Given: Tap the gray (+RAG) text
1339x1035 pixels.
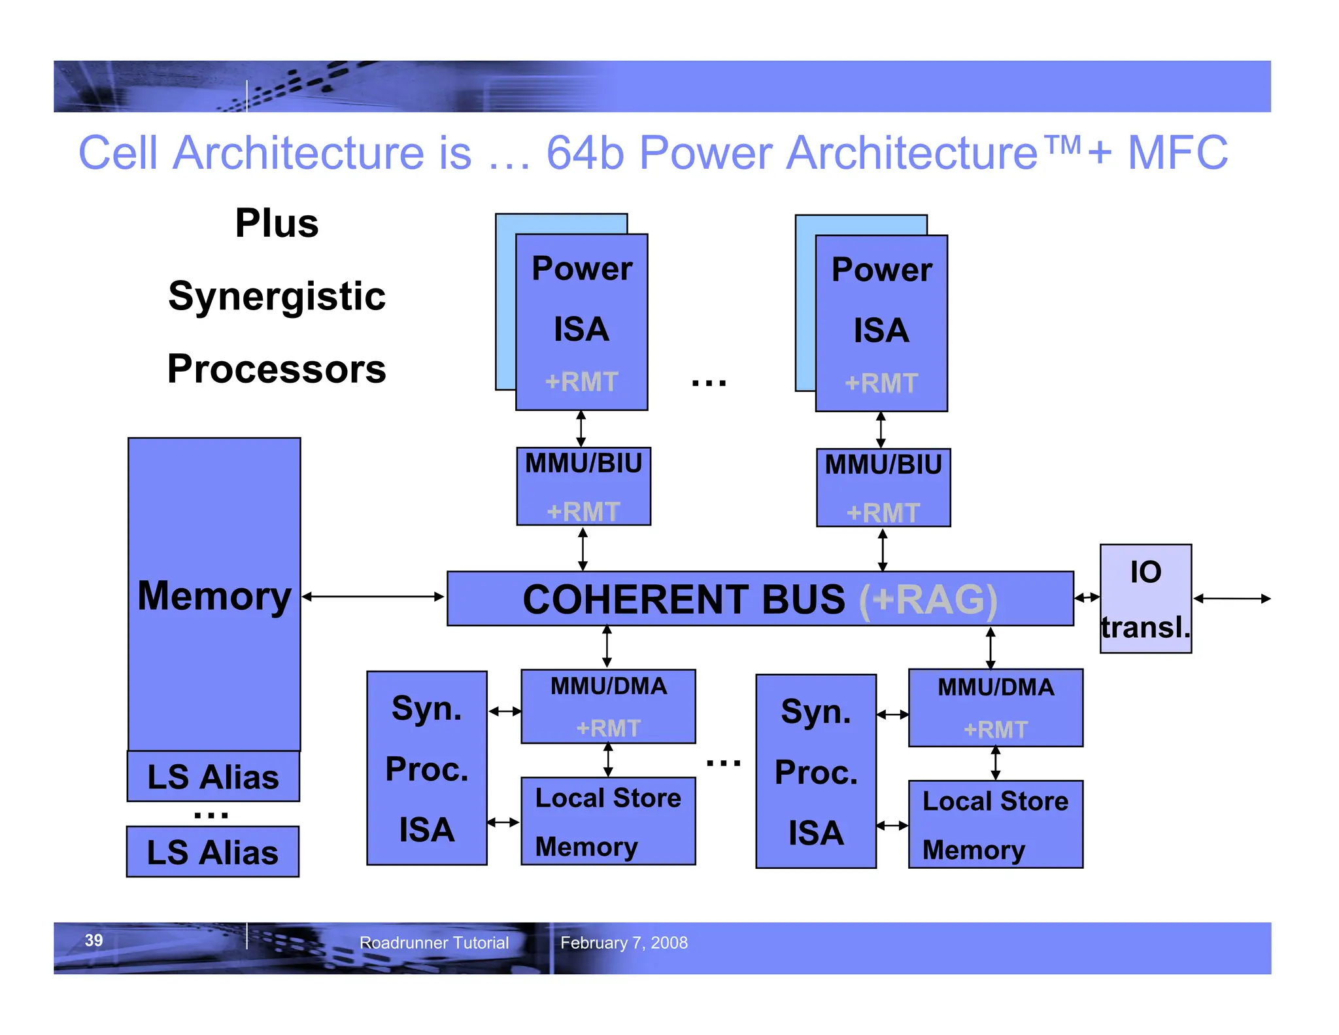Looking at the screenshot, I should (928, 599).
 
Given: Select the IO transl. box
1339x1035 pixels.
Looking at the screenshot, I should (1145, 599).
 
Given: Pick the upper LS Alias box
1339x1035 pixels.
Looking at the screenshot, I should (213, 777).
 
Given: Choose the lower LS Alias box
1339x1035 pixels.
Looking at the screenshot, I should (212, 852).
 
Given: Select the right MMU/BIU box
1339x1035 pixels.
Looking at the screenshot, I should (883, 487).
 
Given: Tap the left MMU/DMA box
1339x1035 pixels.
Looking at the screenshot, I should (608, 706).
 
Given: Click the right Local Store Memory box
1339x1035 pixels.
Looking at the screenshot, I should (995, 824).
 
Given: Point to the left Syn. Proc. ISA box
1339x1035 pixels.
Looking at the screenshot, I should (426, 768).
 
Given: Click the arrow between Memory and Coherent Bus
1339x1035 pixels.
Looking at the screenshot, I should (373, 597).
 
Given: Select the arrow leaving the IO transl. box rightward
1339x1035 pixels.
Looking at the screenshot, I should (1232, 599).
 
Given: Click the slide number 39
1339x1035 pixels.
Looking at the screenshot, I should (94, 940).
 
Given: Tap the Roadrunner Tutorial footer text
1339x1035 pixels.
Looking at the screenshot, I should (434, 943).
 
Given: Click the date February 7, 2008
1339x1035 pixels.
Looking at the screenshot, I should (624, 943).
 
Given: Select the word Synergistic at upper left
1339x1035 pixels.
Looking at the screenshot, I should (277, 296).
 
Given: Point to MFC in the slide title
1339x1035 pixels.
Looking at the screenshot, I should (1178, 153).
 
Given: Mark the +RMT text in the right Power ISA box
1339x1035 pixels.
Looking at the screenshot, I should (881, 383).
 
